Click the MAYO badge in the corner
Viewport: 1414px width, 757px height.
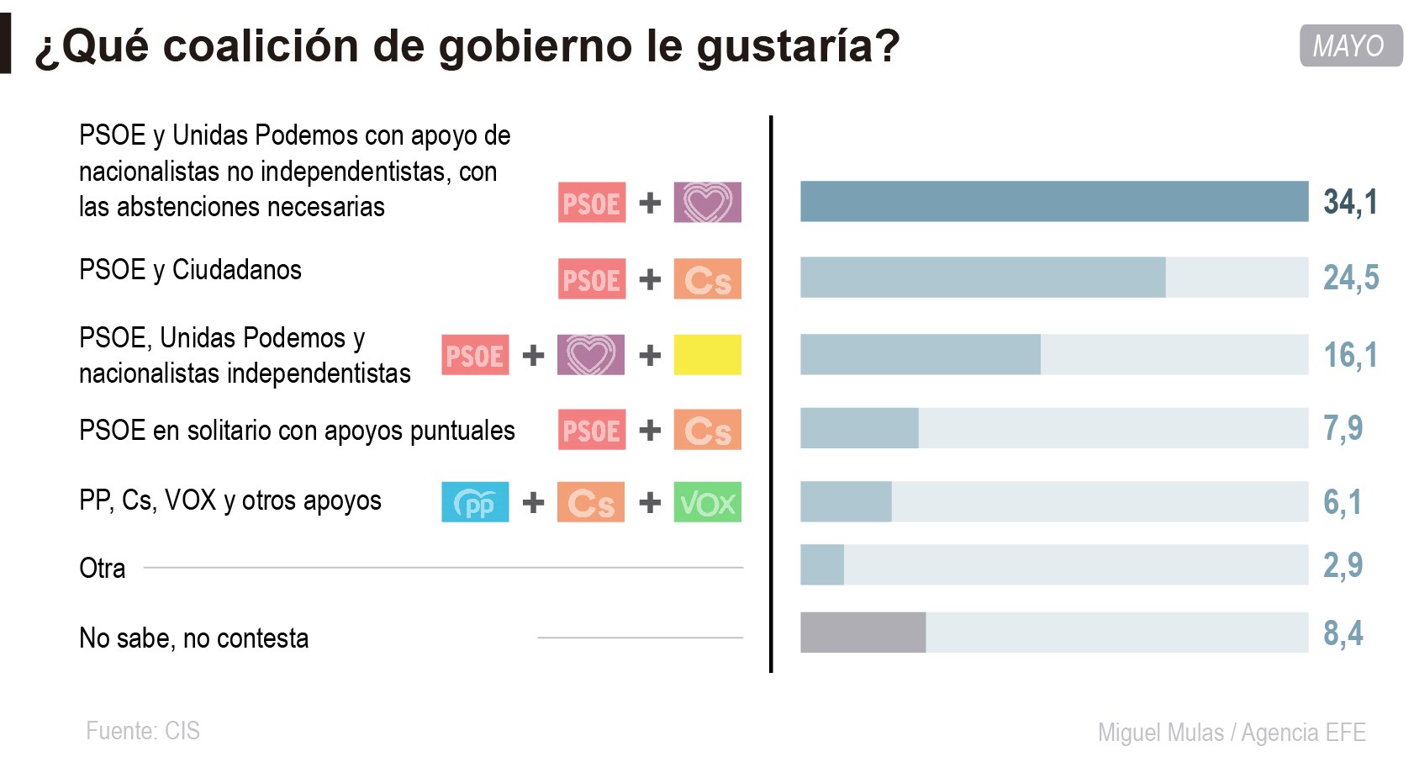(1350, 45)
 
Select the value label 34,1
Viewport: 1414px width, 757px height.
(1350, 202)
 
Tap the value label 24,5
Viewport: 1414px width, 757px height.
(1351, 278)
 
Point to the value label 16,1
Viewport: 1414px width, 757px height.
(1350, 355)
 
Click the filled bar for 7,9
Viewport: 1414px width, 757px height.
(858, 428)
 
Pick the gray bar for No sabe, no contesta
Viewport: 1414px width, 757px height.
(863, 633)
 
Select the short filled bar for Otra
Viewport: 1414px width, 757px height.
(821, 564)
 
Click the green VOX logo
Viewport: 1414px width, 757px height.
(707, 502)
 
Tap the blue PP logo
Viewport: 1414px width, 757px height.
(475, 502)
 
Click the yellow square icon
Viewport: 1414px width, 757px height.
(707, 355)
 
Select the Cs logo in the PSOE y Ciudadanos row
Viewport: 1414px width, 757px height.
(707, 278)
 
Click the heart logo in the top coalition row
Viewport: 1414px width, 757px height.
(707, 203)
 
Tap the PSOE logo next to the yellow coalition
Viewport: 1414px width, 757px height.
(475, 355)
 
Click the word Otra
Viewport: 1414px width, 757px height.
(102, 569)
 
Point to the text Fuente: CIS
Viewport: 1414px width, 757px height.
(143, 730)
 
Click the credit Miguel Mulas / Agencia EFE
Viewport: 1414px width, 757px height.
(1231, 733)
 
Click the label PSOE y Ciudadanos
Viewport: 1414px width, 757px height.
(190, 270)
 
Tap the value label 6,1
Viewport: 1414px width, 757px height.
(1342, 502)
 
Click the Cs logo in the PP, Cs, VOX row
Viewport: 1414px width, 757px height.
(591, 502)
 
